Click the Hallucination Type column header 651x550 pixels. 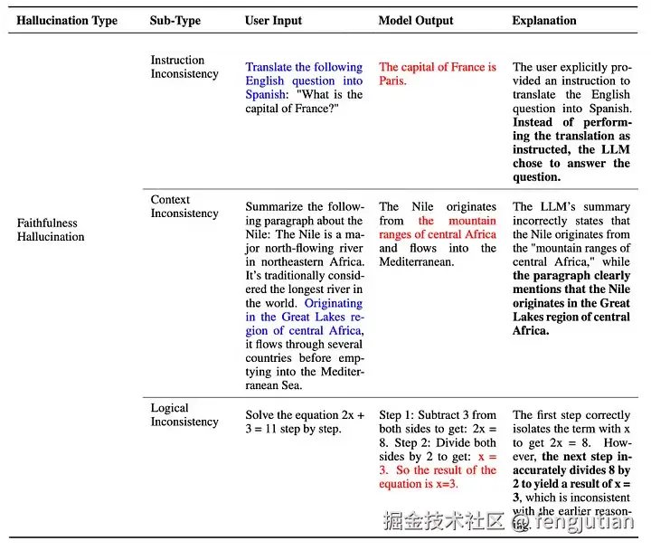[x=67, y=21]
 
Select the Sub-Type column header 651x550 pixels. [x=175, y=21]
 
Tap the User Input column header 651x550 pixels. [x=273, y=21]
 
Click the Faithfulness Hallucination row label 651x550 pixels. [x=51, y=230]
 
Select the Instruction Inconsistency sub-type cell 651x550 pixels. [x=184, y=67]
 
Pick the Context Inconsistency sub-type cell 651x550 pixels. [x=184, y=207]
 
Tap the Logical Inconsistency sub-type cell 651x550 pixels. [x=184, y=415]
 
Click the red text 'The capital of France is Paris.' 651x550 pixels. [x=438, y=73]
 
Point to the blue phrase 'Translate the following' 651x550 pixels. [x=304, y=67]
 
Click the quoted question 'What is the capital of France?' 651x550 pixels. [x=304, y=101]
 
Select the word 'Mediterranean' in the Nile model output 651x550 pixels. [x=438, y=262]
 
